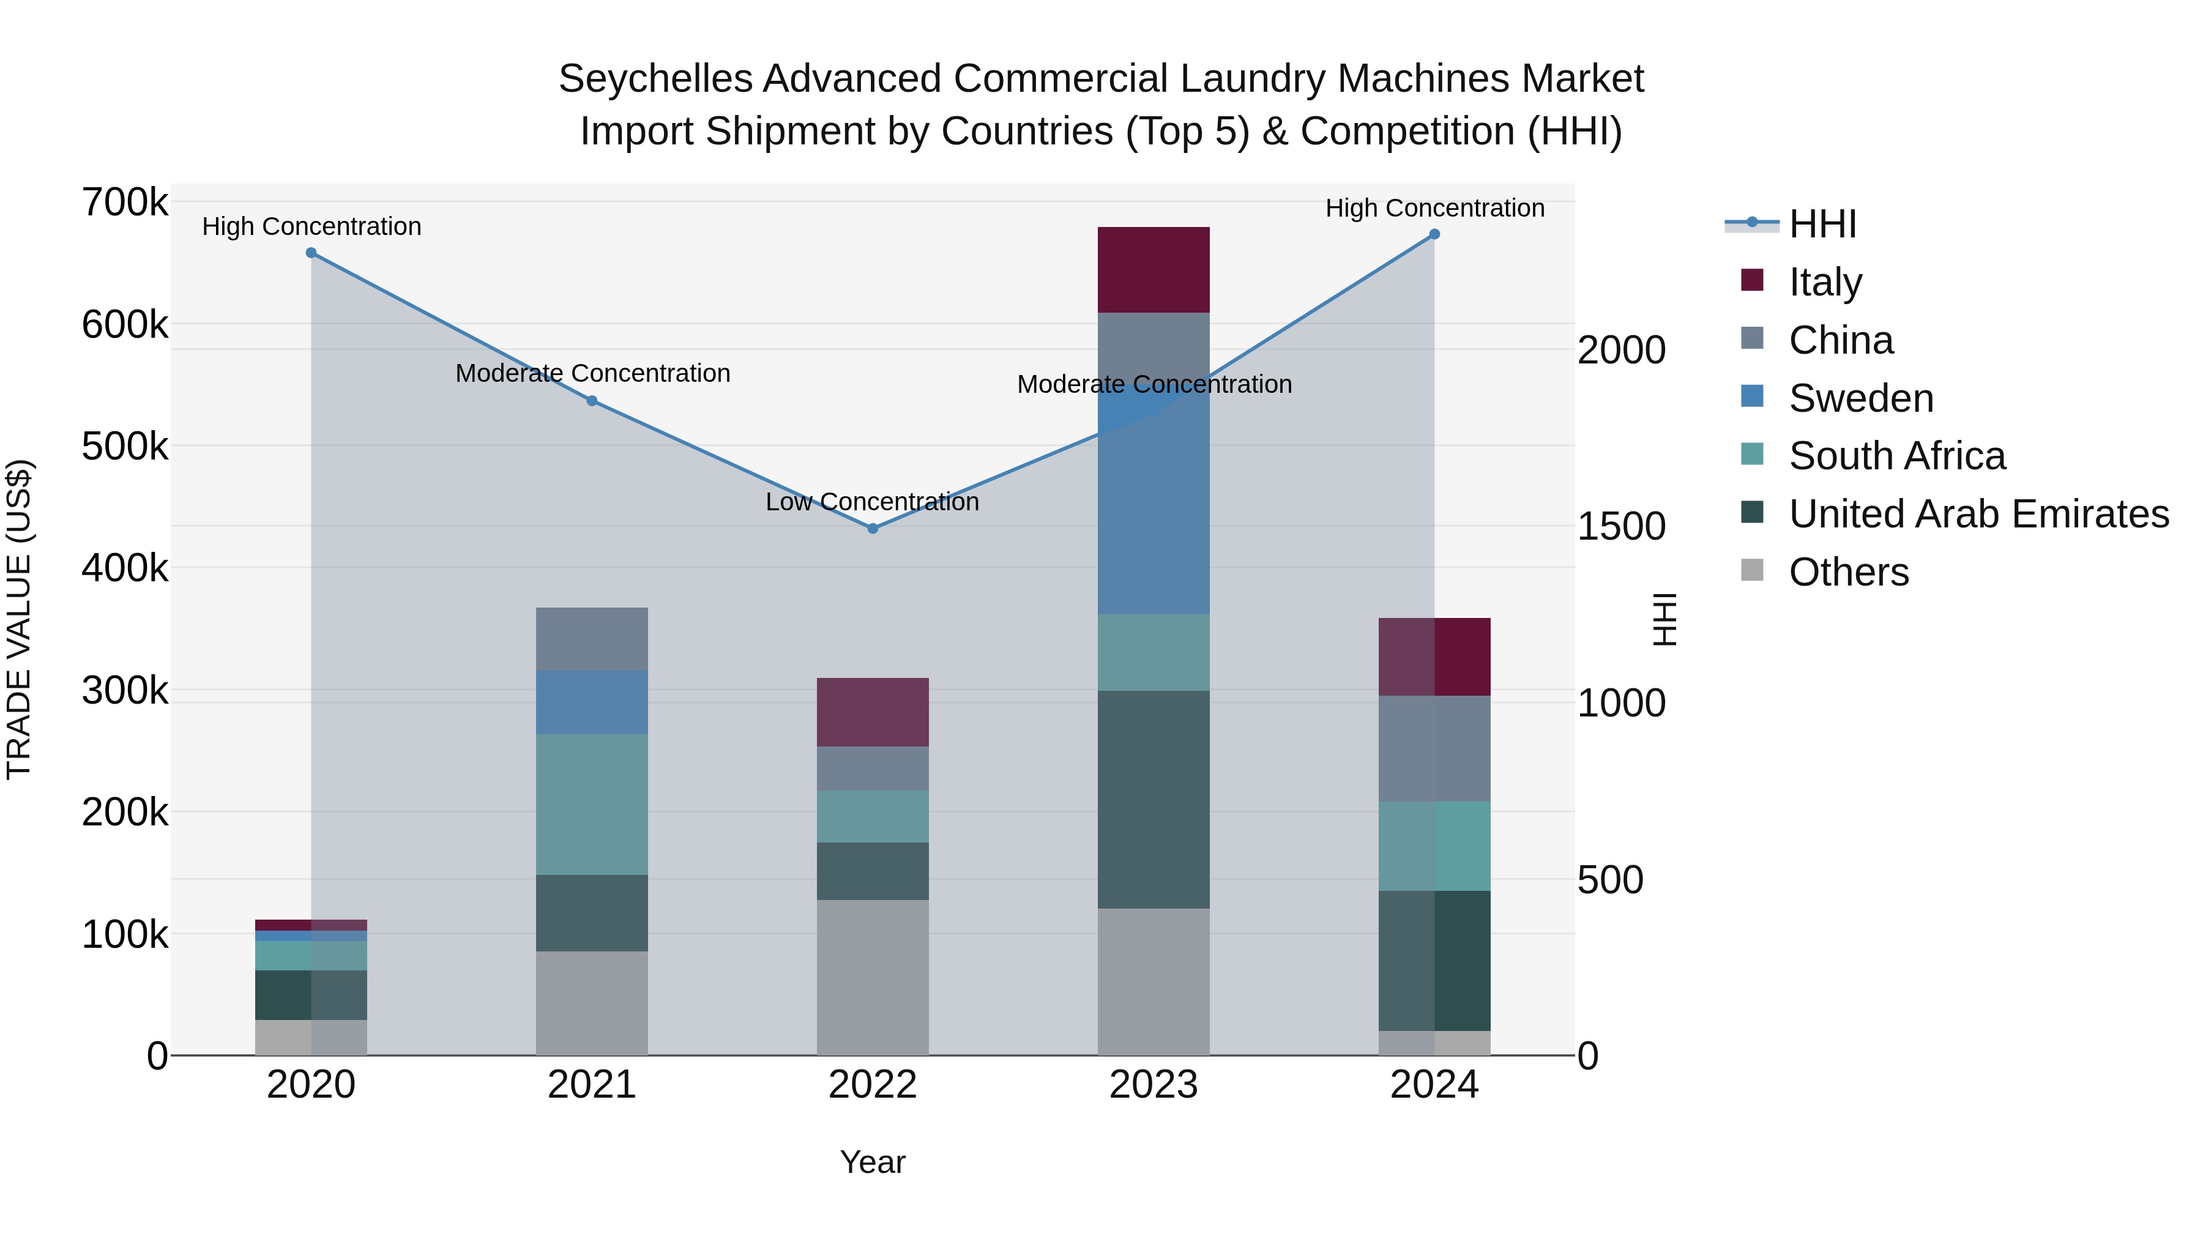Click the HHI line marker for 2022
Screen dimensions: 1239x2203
point(872,529)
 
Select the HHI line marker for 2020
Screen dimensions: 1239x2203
point(311,253)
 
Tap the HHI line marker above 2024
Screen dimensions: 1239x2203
point(1434,234)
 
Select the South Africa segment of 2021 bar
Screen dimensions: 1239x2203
point(592,804)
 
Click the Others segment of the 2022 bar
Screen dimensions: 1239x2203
point(872,977)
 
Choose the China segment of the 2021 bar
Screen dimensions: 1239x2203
point(592,639)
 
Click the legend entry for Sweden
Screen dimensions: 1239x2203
point(1860,398)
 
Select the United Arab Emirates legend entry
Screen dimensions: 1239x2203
point(1978,514)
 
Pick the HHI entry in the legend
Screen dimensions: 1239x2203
point(1822,224)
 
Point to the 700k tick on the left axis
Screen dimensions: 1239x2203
point(125,204)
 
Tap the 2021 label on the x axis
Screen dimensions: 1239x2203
point(592,1085)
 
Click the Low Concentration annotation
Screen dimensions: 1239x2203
point(872,502)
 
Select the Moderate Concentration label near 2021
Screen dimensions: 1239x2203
point(592,374)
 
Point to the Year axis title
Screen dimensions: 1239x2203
point(872,1162)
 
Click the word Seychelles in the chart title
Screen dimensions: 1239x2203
point(654,79)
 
